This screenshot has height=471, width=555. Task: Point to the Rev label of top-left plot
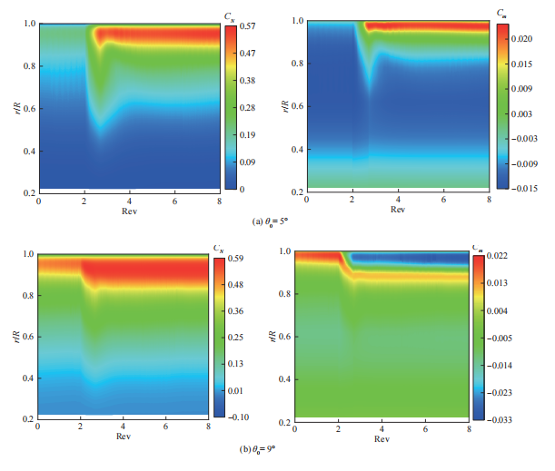click(130, 210)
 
